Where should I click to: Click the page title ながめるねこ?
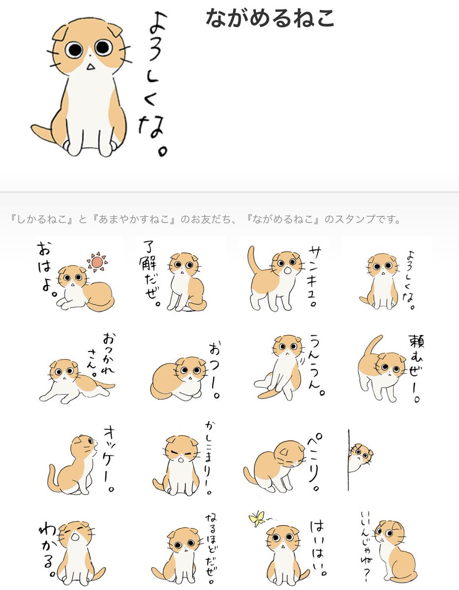click(x=270, y=18)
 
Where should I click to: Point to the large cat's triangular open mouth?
click(x=91, y=66)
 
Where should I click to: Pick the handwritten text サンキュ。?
click(x=315, y=276)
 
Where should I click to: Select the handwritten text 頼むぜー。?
click(x=416, y=368)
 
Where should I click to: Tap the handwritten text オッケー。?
click(x=109, y=459)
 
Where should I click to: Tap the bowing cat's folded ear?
click(x=285, y=452)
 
